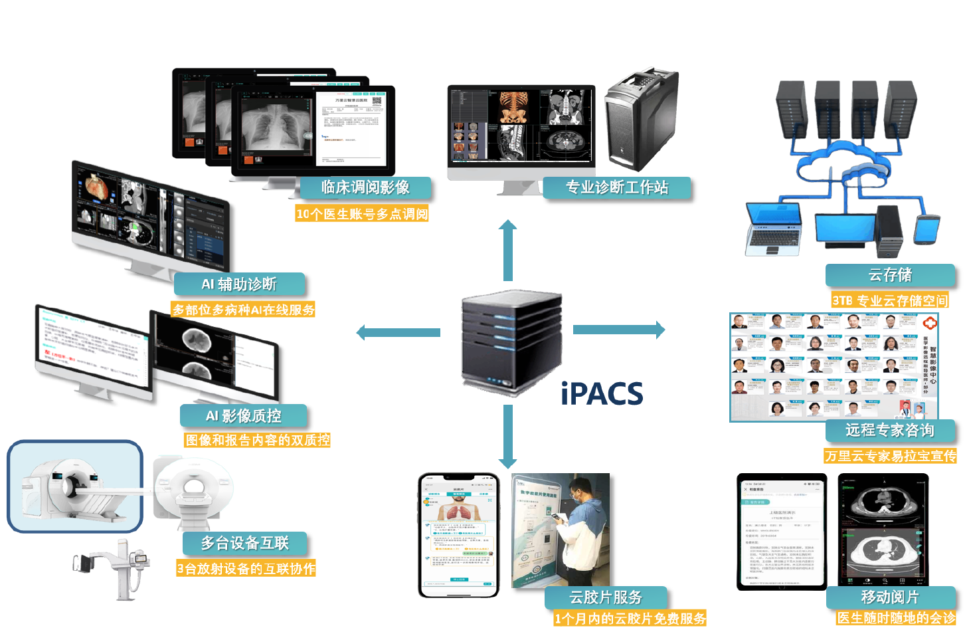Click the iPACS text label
tap(602, 393)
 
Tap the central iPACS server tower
tap(511, 342)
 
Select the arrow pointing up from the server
tap(508, 249)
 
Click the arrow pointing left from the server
tap(398, 332)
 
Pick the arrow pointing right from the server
tap(618, 329)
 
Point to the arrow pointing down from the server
tap(508, 436)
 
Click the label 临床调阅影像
tap(365, 187)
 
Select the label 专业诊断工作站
tap(616, 187)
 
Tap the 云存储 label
tap(890, 275)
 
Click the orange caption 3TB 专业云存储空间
tap(890, 300)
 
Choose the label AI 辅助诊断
tap(239, 284)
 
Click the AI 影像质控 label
tap(243, 416)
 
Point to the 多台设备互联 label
tap(245, 543)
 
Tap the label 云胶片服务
tap(606, 597)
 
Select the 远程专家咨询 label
tap(890, 430)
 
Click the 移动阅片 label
tap(890, 597)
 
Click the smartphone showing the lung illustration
tap(459, 535)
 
